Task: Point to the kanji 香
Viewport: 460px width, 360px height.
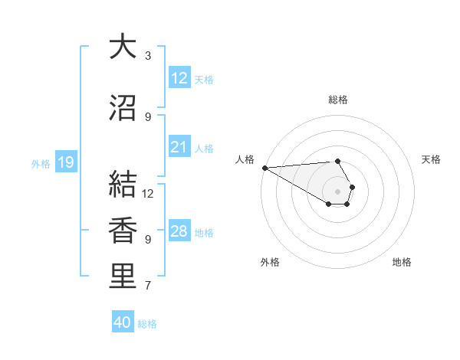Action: tap(123, 231)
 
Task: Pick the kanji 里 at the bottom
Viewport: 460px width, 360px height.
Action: tap(123, 277)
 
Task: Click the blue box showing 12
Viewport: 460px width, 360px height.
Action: tap(179, 78)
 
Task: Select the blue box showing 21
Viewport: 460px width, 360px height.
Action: tap(179, 147)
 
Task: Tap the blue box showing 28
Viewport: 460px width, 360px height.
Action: tap(179, 231)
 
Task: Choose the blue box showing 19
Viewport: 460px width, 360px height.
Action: tap(66, 162)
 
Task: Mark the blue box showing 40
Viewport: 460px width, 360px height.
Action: tap(123, 322)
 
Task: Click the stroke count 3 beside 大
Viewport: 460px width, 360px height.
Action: tap(148, 56)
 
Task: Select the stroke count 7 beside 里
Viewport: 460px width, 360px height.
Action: tap(148, 286)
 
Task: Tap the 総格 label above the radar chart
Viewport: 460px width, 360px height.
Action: tap(338, 100)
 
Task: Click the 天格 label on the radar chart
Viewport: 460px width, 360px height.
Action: tap(432, 159)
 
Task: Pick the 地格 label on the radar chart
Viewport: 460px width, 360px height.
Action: tap(402, 262)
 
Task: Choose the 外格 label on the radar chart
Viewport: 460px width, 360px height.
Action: tap(270, 262)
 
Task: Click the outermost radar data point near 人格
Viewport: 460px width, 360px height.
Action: tap(264, 168)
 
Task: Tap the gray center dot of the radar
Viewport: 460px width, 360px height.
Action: tap(337, 191)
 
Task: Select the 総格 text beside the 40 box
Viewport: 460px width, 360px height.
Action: tap(147, 324)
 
